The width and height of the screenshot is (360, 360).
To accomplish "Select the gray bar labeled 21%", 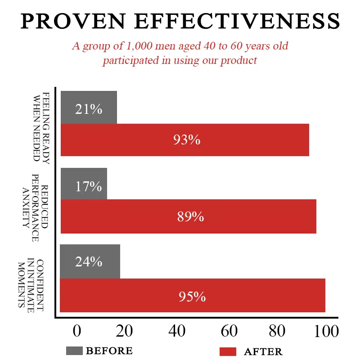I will [89, 108].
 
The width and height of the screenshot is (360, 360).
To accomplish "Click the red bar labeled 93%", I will [185, 139].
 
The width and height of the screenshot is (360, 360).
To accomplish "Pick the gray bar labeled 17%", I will [84, 184].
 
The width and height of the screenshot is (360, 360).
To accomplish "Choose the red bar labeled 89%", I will [188, 216].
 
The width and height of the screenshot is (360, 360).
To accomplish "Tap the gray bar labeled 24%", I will [90, 261].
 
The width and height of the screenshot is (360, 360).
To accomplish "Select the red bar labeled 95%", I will [192, 296].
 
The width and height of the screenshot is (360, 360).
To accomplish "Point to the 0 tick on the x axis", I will [77, 332].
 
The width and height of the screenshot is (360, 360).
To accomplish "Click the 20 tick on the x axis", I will [125, 332].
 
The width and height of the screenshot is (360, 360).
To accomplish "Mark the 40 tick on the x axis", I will [177, 332].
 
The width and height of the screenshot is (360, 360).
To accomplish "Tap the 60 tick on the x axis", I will [229, 332].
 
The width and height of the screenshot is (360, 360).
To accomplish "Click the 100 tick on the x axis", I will [324, 332].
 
